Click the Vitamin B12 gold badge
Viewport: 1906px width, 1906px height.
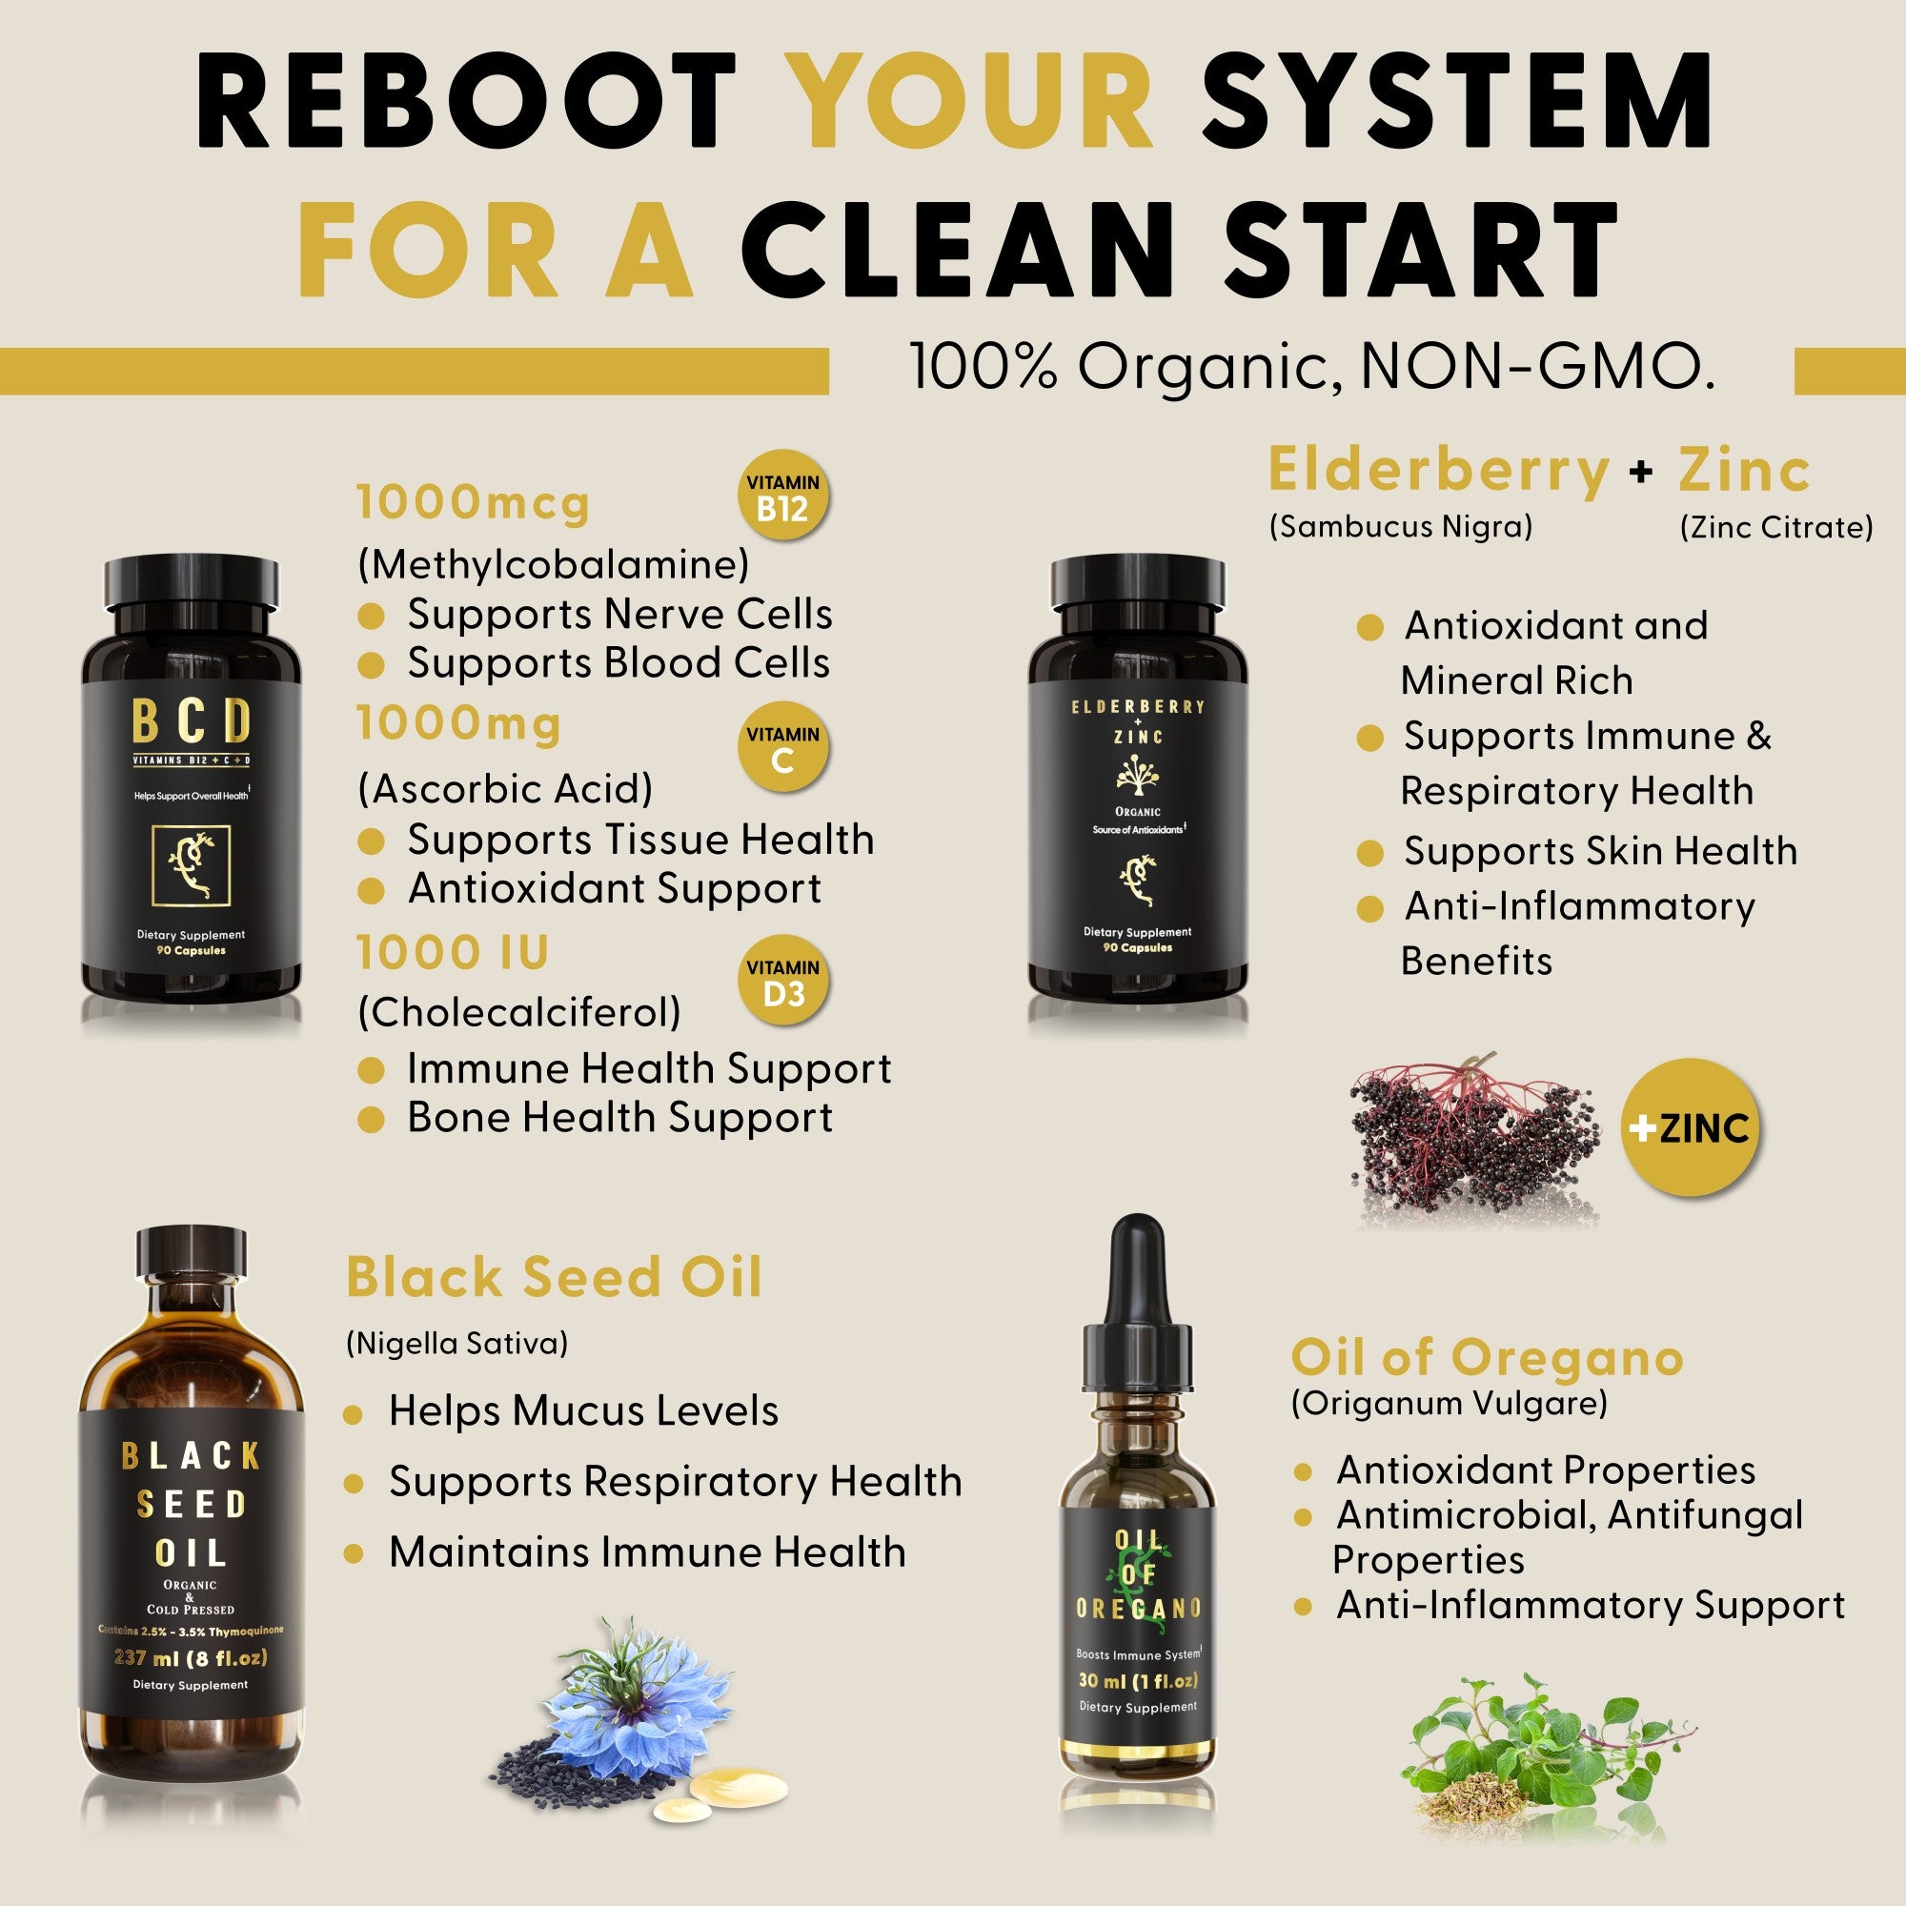782,497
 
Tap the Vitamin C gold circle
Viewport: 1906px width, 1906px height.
782,748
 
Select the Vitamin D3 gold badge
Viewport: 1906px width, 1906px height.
782,981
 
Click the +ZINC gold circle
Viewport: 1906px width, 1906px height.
1690,1127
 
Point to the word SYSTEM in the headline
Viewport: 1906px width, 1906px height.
1456,102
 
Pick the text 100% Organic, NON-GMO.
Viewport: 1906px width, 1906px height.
1312,367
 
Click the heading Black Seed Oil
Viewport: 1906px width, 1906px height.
554,1278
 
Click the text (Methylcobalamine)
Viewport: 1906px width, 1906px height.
554,564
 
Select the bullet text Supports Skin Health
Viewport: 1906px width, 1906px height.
1599,850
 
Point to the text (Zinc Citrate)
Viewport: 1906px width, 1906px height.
1774,527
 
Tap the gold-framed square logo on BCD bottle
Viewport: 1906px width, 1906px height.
191,866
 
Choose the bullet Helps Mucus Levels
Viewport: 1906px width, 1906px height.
582,1410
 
